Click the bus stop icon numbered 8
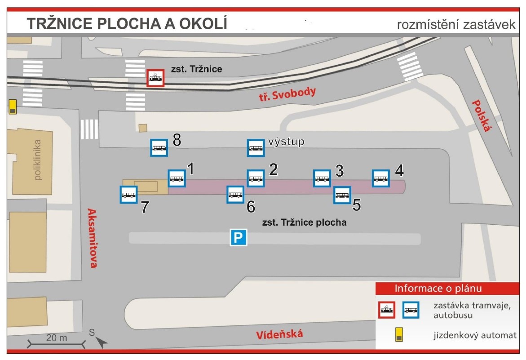159,147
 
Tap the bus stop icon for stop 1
177,178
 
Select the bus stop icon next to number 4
381,178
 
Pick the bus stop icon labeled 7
129,195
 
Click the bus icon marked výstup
256,148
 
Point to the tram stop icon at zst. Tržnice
155,78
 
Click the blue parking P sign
239,238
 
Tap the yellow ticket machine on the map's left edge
13,107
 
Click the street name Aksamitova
92,238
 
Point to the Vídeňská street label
279,334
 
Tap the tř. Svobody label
287,94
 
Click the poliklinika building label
37,160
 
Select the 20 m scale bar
56,344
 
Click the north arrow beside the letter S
102,342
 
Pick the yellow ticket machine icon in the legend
399,334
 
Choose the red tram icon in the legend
387,310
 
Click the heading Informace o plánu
438,289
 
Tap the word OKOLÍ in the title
203,23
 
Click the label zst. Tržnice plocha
304,222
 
